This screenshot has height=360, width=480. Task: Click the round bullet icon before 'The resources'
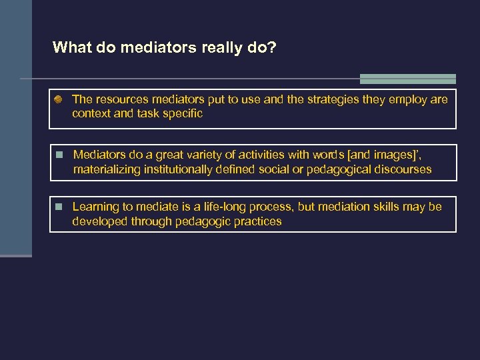click(x=59, y=99)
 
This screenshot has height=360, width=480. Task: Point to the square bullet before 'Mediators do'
click(x=59, y=155)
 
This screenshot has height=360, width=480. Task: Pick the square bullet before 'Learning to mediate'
click(x=59, y=207)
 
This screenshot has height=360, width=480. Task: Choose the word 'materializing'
click(x=106, y=169)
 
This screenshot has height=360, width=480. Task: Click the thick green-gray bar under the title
click(x=407, y=79)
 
